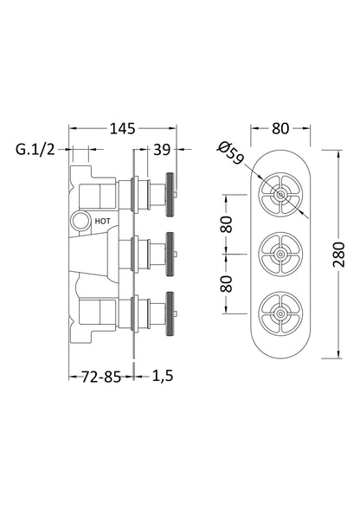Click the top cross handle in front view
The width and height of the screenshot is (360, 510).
tap(279, 198)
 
